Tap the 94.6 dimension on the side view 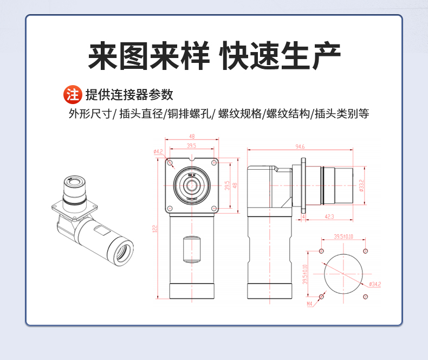point(300,146)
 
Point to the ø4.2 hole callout point(158,152)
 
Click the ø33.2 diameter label point(361,186)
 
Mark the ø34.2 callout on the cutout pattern point(374,284)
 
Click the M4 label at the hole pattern point(310,304)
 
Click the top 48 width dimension point(192,137)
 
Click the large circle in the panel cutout point(343,273)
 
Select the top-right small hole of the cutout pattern point(366,251)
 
